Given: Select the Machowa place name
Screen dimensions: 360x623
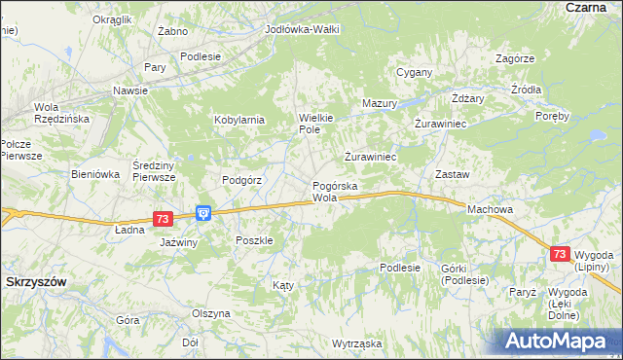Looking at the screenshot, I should [x=490, y=208].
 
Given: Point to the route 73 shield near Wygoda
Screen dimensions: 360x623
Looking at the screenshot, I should [x=560, y=253].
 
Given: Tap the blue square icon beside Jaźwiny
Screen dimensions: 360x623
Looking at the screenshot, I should [x=203, y=213].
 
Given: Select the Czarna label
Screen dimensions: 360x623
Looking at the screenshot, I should [x=588, y=7].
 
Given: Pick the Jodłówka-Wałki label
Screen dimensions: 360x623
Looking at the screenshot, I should [x=303, y=29].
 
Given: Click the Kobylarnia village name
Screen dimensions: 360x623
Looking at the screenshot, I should [x=239, y=120].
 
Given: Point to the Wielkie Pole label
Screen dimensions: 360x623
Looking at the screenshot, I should [x=316, y=123].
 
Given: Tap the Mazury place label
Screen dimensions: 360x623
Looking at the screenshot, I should [x=381, y=102].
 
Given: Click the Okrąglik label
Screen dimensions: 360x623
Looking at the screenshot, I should [x=112, y=19].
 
